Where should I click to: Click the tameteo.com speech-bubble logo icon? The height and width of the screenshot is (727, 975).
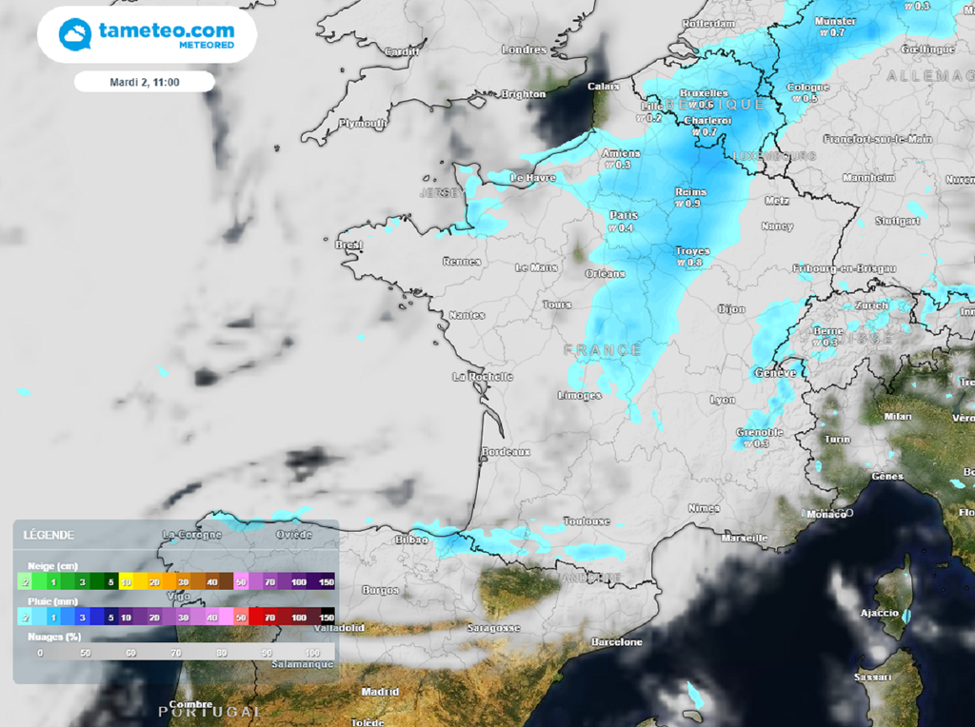coord(75,35)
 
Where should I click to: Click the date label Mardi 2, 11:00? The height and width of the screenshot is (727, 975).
coord(145,82)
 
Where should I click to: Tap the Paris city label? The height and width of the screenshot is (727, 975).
coord(623,215)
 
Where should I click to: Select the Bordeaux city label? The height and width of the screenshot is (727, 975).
coord(506,452)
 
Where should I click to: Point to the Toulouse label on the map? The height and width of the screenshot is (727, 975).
coord(586,521)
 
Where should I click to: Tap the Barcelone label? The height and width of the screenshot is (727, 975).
coord(616,642)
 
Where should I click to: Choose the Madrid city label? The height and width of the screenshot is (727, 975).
coord(380,692)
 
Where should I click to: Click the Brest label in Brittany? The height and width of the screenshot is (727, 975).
coord(349,245)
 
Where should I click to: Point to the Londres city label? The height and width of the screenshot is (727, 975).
coord(524,49)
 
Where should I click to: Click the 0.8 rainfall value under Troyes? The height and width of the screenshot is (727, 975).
coord(694,263)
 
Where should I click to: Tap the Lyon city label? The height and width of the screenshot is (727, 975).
coord(723,400)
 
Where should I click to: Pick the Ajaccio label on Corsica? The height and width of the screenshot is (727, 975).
coord(880,613)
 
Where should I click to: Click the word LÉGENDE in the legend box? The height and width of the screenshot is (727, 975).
coord(49,535)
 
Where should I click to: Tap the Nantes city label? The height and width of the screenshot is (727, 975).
coord(467,315)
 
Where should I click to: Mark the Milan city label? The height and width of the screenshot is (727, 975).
coord(898,417)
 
